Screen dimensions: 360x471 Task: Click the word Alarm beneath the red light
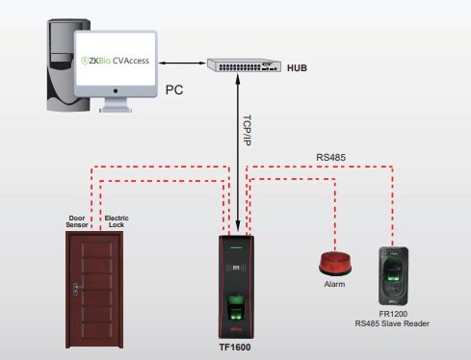coord(334,285)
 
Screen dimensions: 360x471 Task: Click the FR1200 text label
coord(391,314)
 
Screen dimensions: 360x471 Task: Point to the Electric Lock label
coord(117,220)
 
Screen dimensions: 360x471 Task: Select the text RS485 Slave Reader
coord(391,324)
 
